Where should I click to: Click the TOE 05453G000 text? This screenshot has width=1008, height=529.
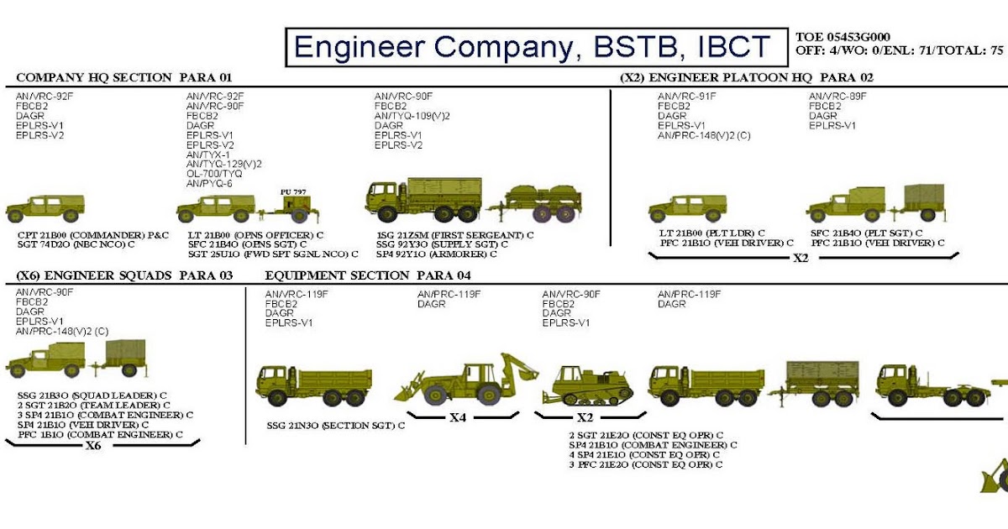tap(843, 37)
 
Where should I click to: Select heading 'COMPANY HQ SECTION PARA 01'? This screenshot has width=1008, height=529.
tap(123, 78)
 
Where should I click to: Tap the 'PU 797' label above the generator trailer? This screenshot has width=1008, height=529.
tap(293, 191)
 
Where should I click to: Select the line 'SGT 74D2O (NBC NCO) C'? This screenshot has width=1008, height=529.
tap(76, 244)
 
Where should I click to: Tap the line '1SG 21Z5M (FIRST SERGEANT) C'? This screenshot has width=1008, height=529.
tap(454, 234)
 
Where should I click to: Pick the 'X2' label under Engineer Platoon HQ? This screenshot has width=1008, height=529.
tap(801, 258)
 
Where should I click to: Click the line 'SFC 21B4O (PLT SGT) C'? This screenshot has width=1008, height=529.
tap(866, 233)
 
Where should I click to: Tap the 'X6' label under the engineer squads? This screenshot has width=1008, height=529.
tap(93, 446)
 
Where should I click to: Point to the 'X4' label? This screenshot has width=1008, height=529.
tap(457, 417)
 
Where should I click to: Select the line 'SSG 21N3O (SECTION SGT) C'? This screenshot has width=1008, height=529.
tap(335, 426)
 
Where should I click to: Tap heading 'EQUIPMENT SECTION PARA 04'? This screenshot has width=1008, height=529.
tap(368, 275)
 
